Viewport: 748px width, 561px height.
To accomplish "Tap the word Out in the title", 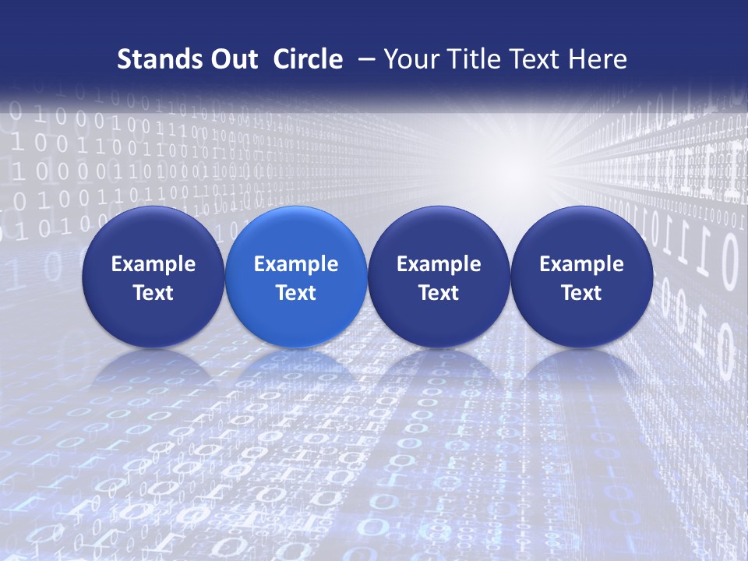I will [228, 59].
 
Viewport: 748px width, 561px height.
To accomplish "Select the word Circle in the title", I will [308, 59].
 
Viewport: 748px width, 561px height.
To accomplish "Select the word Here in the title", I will [598, 59].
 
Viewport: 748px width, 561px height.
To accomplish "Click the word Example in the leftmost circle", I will [153, 264].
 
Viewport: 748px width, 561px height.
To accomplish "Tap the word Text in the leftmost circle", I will [153, 293].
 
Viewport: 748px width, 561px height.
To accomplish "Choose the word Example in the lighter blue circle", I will [296, 264].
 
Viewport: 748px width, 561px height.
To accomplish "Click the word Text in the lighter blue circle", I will [296, 293].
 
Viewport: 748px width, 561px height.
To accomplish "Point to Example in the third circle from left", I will [439, 264].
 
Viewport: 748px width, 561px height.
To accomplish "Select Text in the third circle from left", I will [439, 293].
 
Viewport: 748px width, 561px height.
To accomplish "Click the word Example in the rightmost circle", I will [581, 264].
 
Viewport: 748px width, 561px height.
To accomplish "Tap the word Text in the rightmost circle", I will [581, 293].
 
